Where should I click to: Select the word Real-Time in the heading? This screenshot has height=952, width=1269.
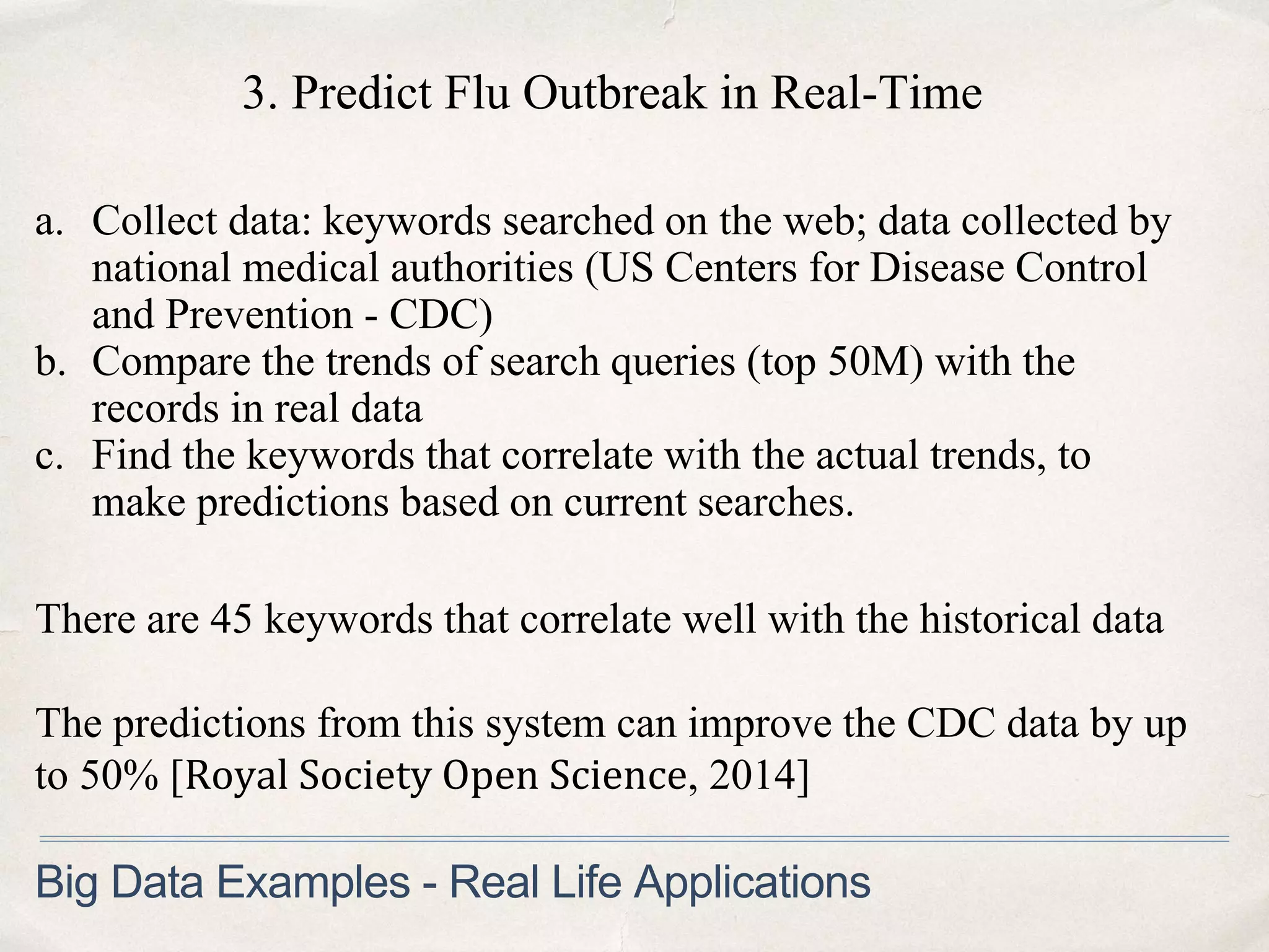pyautogui.click(x=876, y=94)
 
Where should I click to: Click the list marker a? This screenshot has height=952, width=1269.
pyautogui.click(x=50, y=222)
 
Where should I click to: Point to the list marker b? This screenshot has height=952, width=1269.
pyautogui.click(x=51, y=362)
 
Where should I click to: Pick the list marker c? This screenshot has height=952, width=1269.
pyautogui.click(x=50, y=456)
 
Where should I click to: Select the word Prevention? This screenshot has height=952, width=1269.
pyautogui.click(x=259, y=315)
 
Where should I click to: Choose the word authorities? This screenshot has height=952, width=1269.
pyautogui.click(x=481, y=269)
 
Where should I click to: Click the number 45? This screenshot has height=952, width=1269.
pyautogui.click(x=231, y=619)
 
